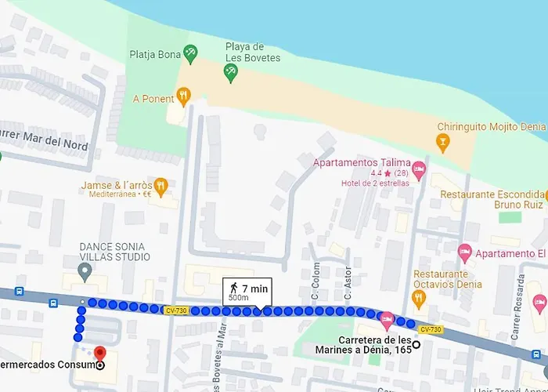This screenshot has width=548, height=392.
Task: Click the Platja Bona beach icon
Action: coord(190,53)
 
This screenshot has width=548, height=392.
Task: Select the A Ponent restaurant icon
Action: coord(184,98)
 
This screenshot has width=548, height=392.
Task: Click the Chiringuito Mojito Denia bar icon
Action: coord(443,141)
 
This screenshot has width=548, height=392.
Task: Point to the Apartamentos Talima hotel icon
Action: coord(419,168)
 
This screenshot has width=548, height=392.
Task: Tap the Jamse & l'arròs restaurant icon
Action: coord(160,186)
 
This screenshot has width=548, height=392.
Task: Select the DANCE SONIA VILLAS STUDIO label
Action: coord(114,252)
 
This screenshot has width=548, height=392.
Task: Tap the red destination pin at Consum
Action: coord(99,354)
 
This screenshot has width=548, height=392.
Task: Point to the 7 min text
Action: coord(254,289)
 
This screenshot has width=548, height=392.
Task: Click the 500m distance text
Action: coord(239,299)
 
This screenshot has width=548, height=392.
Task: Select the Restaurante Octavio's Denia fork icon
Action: coord(418,297)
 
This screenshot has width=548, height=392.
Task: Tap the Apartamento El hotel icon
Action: coord(465,253)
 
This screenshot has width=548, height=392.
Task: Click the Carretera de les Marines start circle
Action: coord(416,344)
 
